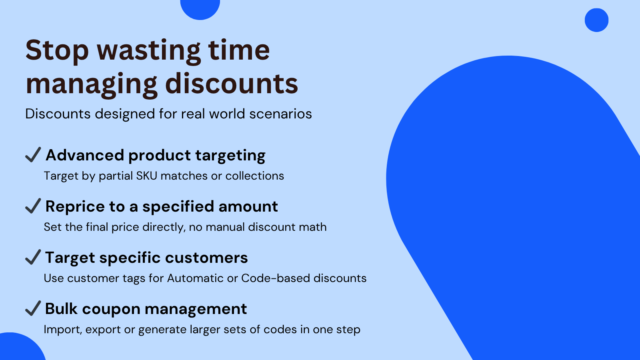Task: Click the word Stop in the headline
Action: [x=57, y=50]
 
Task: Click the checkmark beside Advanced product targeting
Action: [x=33, y=154]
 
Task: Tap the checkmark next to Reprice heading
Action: [x=33, y=206]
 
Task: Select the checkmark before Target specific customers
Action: [x=33, y=257]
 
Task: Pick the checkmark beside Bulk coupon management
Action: [x=33, y=308]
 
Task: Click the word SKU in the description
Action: [x=146, y=176]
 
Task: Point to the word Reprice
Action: [x=75, y=207]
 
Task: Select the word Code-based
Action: [x=276, y=278]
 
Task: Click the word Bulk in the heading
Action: [x=61, y=309]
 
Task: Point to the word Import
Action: [x=63, y=330]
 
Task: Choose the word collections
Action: [x=254, y=176]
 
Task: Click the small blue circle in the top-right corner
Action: [x=596, y=20]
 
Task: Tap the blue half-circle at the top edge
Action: [x=200, y=8]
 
